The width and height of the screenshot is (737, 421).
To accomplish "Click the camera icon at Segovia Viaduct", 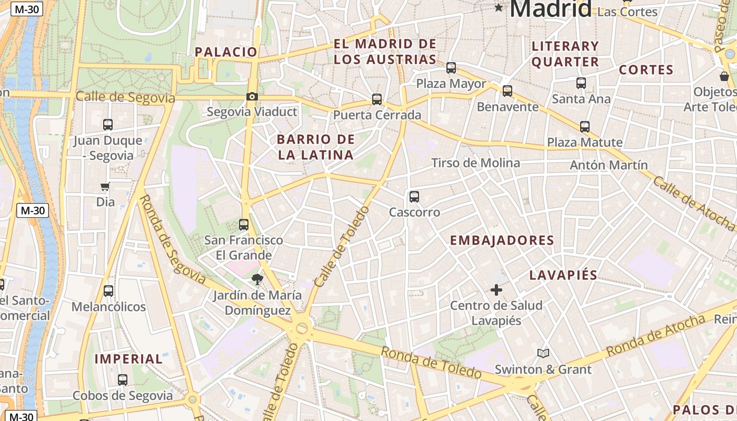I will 252,96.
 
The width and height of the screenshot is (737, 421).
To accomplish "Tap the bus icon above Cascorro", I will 414,197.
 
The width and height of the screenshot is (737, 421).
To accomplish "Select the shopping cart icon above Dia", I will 105,187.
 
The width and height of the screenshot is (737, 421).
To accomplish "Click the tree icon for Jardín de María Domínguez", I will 257,279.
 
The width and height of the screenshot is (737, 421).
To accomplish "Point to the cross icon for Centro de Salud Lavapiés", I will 496,289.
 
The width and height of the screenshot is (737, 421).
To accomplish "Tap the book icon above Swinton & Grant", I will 543,353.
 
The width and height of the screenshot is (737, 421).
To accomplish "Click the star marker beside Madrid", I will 499,7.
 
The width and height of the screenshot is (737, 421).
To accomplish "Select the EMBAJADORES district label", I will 502,240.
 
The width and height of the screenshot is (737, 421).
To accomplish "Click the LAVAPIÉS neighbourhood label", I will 563,275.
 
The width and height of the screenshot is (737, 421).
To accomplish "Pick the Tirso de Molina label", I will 475,163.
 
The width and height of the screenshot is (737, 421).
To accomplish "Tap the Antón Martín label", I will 609,165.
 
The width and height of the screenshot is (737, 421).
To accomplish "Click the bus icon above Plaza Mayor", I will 451,67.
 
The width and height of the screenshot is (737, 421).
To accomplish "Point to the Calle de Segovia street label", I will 125,97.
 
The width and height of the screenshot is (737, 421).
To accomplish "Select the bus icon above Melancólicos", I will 108,290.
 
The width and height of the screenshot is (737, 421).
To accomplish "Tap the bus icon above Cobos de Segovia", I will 123,379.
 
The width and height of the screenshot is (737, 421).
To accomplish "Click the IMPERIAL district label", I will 128,359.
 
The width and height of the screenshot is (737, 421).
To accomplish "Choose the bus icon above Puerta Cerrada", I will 377,99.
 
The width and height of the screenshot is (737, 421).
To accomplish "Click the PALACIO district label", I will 226,52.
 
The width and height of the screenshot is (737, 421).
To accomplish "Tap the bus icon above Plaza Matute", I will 585,126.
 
